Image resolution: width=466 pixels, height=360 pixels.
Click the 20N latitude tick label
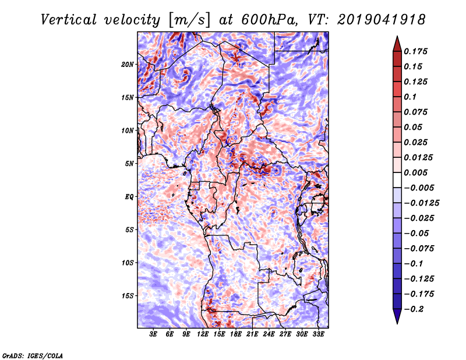pos(128,64)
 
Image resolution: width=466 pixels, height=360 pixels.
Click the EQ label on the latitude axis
pos(129,197)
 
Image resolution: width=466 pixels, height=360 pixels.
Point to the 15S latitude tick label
pos(128,296)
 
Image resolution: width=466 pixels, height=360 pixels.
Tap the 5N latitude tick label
pos(129,164)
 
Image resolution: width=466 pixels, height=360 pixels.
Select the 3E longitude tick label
pos(154,335)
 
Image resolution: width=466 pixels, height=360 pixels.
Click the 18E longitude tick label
pos(236,335)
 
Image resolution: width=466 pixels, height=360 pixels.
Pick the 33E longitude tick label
pos(318,335)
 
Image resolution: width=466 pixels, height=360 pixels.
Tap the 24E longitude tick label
pos(269,335)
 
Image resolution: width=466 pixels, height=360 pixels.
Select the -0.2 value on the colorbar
pos(416,309)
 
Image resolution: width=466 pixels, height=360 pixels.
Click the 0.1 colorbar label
pos(411,97)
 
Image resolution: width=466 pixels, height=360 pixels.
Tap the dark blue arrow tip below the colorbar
pos(396,319)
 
